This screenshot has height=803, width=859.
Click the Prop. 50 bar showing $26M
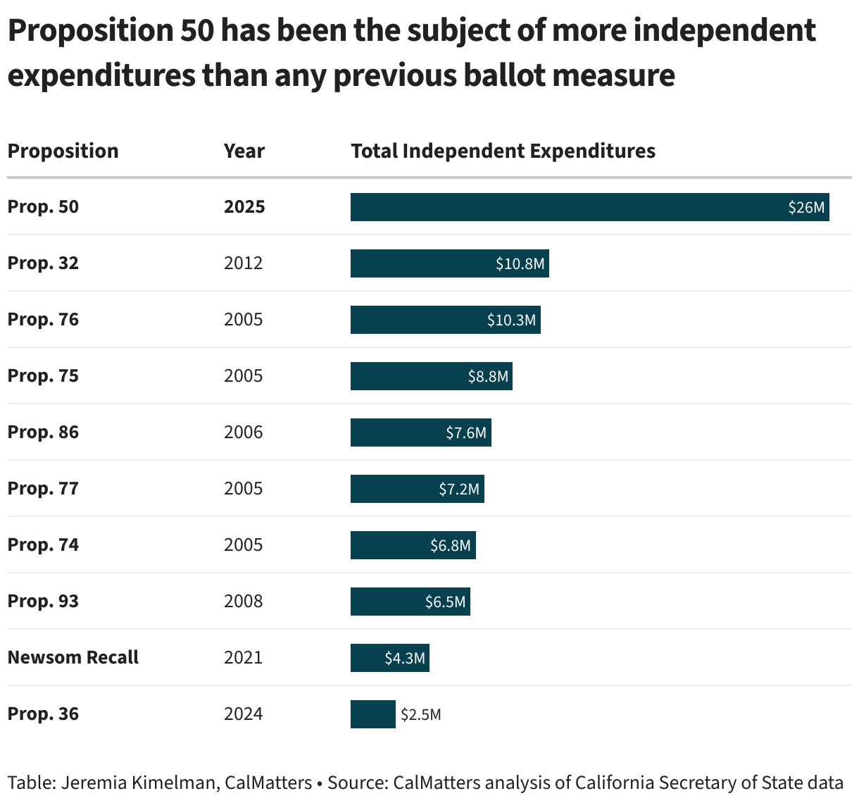(589, 207)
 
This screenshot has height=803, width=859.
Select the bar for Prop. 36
(372, 714)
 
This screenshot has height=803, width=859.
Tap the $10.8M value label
(520, 263)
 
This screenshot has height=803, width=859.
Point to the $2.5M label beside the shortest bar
(421, 714)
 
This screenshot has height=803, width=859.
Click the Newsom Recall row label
(73, 657)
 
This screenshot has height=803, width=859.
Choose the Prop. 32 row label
(43, 263)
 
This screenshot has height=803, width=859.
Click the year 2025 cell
(244, 206)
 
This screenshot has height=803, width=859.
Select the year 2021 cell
(243, 657)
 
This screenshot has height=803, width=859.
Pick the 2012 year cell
(243, 263)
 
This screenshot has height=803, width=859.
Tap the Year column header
(244, 151)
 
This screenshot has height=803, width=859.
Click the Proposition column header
(63, 151)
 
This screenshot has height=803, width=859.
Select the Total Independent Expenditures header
(503, 151)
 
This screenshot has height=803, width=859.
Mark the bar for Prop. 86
(420, 432)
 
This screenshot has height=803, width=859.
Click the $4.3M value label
(405, 658)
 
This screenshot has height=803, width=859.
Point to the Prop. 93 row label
(43, 601)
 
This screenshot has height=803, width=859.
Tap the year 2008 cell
(243, 601)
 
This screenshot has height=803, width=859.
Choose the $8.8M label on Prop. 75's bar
(488, 376)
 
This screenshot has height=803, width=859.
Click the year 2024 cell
(243, 714)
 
